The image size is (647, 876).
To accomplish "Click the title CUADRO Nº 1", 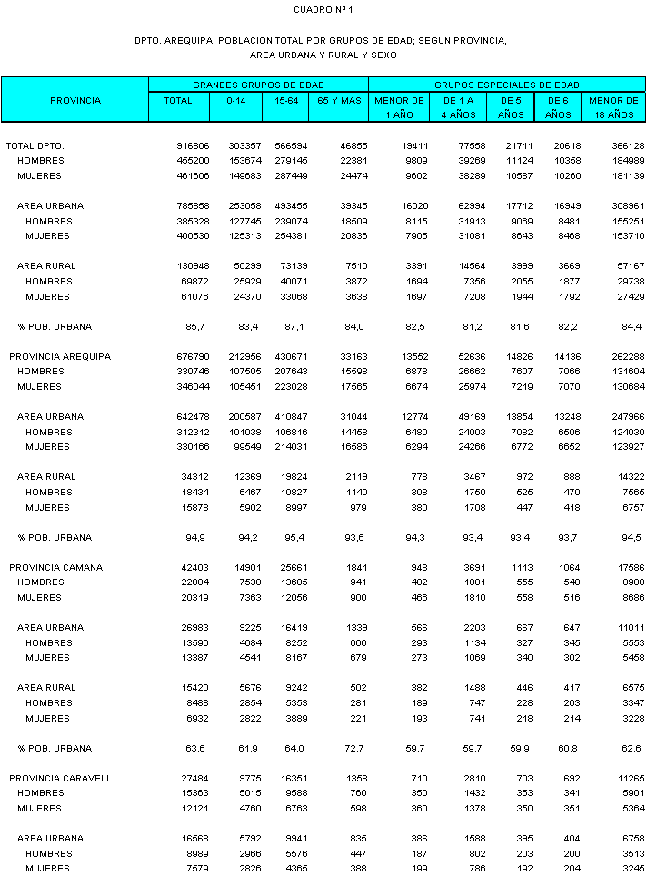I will pyautogui.click(x=323, y=9).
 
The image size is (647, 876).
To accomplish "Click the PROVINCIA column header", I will pyautogui.click(x=75, y=100).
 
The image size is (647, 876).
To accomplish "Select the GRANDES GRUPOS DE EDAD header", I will pyautogui.click(x=258, y=85).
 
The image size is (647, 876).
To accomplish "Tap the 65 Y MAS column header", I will pyautogui.click(x=338, y=100).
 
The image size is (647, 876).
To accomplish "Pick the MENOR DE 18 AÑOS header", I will pyautogui.click(x=614, y=107).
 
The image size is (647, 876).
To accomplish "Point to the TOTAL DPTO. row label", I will pyautogui.click(x=35, y=145).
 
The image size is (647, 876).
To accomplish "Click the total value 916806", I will pyautogui.click(x=193, y=145).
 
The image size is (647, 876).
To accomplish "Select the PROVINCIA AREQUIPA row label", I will pyautogui.click(x=60, y=356).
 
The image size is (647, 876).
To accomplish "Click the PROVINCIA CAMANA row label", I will pyautogui.click(x=56, y=567).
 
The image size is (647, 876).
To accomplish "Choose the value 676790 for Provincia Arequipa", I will pyautogui.click(x=193, y=356).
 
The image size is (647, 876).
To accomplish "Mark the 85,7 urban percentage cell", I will pyautogui.click(x=198, y=326).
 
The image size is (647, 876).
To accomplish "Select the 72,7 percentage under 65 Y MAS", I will pyautogui.click(x=354, y=749).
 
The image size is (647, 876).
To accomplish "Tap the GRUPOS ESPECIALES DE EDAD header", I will pyautogui.click(x=507, y=85).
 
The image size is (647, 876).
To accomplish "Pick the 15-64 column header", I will pyautogui.click(x=284, y=100).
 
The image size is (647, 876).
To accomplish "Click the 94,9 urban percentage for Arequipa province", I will pyautogui.click(x=198, y=537).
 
